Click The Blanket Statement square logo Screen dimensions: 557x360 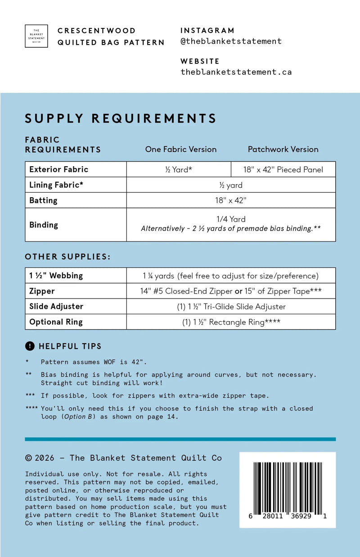coord(36,36)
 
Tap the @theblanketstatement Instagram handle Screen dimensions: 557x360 coord(231,41)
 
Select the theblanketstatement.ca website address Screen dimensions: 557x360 coord(236,72)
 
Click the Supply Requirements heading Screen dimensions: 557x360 coord(121,118)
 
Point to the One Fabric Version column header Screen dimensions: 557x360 coord(180,149)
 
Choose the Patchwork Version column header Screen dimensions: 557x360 coord(283,149)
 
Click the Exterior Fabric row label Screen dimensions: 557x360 coord(58,169)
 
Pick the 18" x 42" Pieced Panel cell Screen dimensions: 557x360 coord(283,170)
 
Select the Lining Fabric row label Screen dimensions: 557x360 coord(56,185)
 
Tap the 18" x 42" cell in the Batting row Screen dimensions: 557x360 coord(231,200)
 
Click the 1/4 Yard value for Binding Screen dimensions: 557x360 coord(231,219)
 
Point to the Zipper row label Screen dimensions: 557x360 coord(42,291)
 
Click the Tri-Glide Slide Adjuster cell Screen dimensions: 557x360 coord(231,307)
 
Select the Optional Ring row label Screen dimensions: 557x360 coord(56,322)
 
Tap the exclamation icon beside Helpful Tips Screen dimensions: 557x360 coord(30,346)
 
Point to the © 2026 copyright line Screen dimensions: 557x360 coord(123,458)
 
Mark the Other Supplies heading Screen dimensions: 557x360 coord(67,257)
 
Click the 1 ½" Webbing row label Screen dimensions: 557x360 coord(56,276)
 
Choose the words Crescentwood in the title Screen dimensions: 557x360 coord(96,31)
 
